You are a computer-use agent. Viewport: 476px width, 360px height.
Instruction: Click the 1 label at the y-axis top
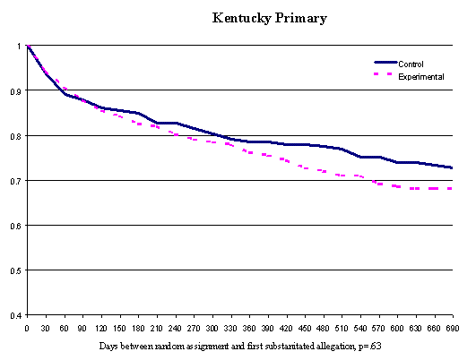[x=19, y=46]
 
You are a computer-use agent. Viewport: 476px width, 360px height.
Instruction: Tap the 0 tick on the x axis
[x=28, y=328]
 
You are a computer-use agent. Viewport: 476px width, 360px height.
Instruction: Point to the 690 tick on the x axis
[x=450, y=328]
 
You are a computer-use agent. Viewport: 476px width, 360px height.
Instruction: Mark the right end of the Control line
[x=451, y=167]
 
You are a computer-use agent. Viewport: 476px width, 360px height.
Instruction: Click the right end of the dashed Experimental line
[x=451, y=188]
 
